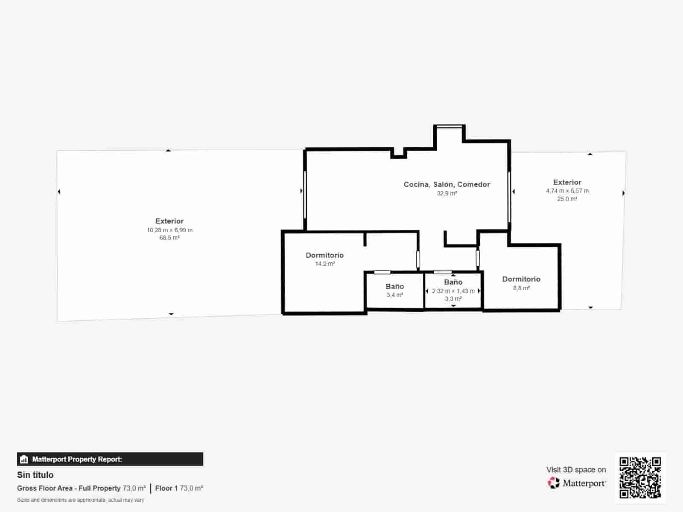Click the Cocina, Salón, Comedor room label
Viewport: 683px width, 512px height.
(447, 184)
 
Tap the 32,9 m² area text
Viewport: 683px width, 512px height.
(447, 193)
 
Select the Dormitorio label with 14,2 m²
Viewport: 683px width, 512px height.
(324, 255)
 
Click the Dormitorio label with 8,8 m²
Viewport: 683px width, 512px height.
(521, 279)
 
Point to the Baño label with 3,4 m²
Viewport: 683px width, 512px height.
(394, 286)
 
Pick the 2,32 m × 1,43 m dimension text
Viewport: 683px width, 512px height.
(453, 291)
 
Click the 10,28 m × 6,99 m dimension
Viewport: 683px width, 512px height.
(169, 230)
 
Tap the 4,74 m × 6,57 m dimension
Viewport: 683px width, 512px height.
(567, 191)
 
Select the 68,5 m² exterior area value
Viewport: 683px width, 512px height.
(169, 238)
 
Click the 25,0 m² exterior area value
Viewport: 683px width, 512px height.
(567, 199)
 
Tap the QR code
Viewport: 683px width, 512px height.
(640, 478)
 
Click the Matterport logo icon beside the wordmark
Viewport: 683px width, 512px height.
(554, 483)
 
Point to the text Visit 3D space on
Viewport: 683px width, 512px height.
(576, 470)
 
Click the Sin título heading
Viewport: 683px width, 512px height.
(35, 475)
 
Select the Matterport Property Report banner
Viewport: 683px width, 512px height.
(110, 459)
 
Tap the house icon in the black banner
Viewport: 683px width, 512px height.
(24, 459)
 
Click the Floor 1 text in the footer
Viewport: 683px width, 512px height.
(166, 489)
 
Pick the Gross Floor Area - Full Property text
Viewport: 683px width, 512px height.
(69, 489)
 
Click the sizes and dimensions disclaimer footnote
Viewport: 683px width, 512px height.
(81, 500)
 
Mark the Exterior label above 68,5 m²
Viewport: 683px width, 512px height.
(169, 221)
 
